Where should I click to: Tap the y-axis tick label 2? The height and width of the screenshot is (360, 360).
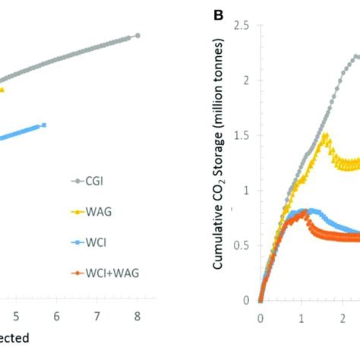click(248, 81)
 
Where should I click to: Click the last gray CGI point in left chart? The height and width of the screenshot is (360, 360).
click(137, 36)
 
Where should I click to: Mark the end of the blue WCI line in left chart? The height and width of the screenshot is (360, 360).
click(44, 125)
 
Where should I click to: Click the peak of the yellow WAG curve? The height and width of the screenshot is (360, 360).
click(326, 135)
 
